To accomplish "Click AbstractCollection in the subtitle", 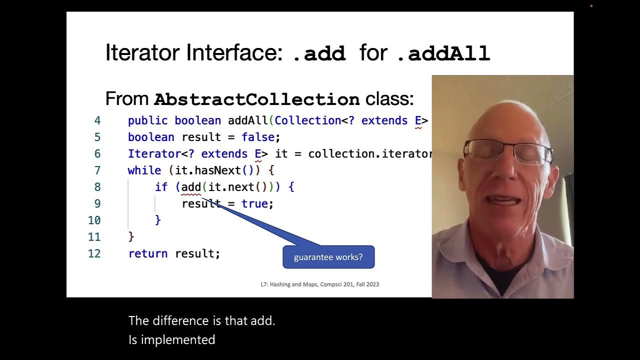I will click(x=256, y=99).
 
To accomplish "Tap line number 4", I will click(x=97, y=120).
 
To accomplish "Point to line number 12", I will click(x=94, y=253).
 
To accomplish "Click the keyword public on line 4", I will click(x=148, y=120).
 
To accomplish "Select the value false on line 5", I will click(x=258, y=137).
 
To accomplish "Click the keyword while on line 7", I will click(x=144, y=170).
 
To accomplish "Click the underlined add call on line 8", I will click(x=190, y=187).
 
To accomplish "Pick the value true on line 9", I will click(x=254, y=203).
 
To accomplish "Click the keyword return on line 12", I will click(x=148, y=253).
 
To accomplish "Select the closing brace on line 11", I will click(x=131, y=236).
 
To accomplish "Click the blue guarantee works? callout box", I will click(x=328, y=257).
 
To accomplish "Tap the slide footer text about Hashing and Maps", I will click(x=319, y=284).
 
